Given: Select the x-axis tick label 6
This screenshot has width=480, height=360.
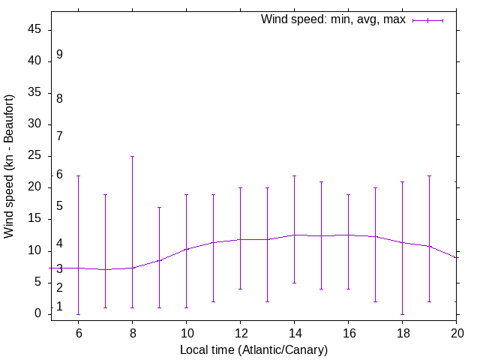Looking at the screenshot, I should point(78,334).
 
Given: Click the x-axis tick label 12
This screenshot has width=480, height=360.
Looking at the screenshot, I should point(240,334).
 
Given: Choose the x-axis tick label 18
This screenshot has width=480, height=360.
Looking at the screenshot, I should point(402,334).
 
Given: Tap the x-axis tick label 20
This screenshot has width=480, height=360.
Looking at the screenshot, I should point(456,334).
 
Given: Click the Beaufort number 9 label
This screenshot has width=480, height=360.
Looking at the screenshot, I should point(59,55).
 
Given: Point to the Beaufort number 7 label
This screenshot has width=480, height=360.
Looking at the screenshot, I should point(59,136).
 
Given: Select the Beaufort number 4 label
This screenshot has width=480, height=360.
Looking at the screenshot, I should point(59,244).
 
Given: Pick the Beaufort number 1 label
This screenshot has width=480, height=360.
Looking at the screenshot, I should point(59,307).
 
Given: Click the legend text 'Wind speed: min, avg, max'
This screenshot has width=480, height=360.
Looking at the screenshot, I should point(333,19).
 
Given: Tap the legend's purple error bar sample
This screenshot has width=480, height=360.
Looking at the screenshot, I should point(427,20).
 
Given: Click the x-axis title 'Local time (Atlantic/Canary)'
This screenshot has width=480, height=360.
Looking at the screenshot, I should point(253,349).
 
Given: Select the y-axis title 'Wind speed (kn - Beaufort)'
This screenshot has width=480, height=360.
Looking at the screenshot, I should point(10,166).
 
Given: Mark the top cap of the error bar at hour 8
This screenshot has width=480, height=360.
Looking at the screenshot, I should point(132,156).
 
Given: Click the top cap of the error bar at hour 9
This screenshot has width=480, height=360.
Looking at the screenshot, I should point(159,207).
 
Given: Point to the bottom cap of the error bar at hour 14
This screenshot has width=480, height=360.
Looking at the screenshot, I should point(294,283).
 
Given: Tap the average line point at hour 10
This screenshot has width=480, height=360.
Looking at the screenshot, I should point(186,249).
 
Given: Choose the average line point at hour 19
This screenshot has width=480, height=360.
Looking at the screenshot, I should point(429,246).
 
